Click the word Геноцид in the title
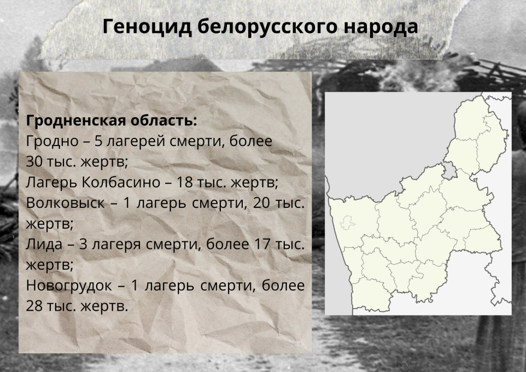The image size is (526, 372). click(147, 26)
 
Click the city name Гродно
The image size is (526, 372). click(52, 141)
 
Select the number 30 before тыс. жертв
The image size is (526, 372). click(34, 162)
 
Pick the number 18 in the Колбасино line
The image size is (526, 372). click(185, 182)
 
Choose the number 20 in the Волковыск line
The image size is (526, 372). click(261, 203)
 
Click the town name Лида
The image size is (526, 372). click(44, 245)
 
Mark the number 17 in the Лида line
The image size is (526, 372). click(262, 244)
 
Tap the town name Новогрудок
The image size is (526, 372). click(69, 286)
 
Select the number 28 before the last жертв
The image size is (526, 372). click(34, 306)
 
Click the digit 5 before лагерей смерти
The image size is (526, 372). click(98, 141)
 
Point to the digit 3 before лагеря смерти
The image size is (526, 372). click(83, 244)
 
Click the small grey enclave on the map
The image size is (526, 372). click(450, 171)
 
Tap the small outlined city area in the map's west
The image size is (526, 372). click(347, 223)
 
